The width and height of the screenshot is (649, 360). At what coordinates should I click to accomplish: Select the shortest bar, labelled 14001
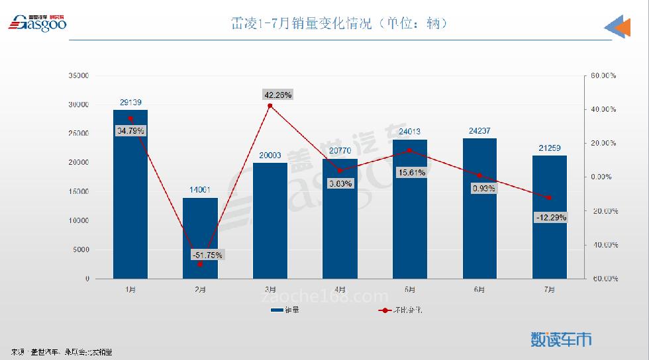200,238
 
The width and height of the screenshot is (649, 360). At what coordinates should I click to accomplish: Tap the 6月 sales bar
479,208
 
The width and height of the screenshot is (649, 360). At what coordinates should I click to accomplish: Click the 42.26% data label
277,95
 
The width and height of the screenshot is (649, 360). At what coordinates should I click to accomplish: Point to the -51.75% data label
207,255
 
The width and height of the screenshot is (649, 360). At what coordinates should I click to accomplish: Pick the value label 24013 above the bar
409,131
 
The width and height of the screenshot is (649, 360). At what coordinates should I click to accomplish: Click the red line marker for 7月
549,198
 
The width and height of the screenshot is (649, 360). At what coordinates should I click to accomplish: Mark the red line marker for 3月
270,106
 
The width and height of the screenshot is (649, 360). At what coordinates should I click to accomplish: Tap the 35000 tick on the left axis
78,76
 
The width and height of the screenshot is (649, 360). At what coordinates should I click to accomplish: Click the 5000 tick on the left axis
80,250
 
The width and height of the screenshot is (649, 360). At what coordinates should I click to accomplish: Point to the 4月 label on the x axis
340,289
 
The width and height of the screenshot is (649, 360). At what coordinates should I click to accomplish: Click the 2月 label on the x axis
200,289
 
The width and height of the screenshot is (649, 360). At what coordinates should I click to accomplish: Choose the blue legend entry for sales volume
284,310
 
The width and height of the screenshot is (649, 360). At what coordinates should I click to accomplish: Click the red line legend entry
400,310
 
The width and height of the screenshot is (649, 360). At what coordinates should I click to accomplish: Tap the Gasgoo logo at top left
37,23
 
